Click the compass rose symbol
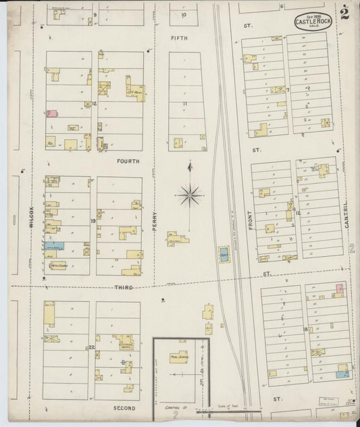[190, 196]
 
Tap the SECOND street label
[124, 408]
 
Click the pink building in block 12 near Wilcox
[51, 114]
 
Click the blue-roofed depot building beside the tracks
[223, 255]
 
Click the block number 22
[91, 347]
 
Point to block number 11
[184, 103]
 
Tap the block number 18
[305, 329]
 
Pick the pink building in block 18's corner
[340, 289]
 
